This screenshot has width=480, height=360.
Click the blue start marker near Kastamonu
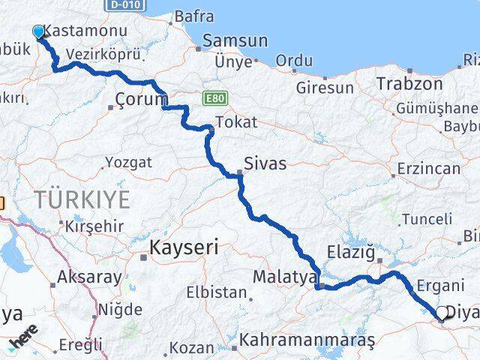tap(39, 31)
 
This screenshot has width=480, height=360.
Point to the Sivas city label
tap(265, 163)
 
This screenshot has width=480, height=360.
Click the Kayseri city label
tap(184, 247)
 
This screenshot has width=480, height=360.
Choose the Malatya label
tap(284, 277)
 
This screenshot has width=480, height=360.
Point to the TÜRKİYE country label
tap(82, 199)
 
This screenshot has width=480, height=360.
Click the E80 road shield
tap(213, 97)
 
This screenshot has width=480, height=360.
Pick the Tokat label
tap(235, 121)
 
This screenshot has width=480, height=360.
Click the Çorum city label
tap(142, 99)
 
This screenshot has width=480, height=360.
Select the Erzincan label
tap(430, 168)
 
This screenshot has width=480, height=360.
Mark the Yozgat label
tap(128, 162)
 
